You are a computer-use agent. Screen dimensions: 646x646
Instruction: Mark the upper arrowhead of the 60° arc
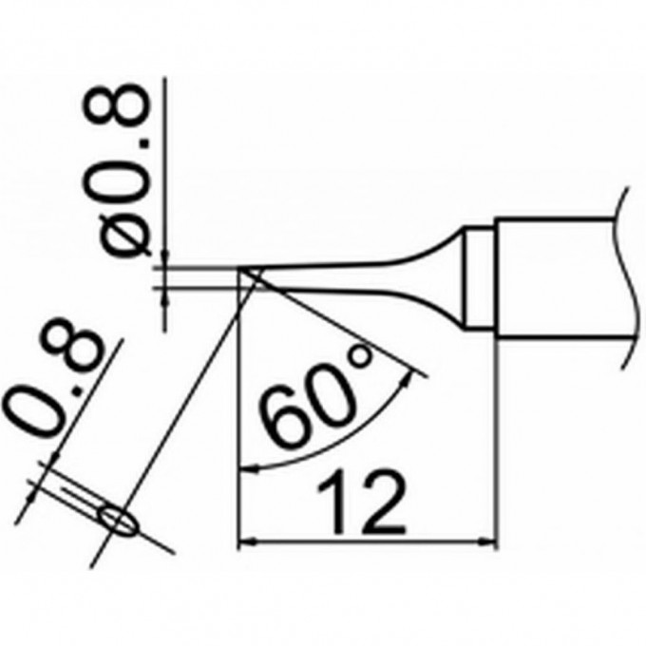click(x=410, y=377)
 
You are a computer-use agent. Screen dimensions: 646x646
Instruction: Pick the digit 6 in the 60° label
click(x=279, y=422)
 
